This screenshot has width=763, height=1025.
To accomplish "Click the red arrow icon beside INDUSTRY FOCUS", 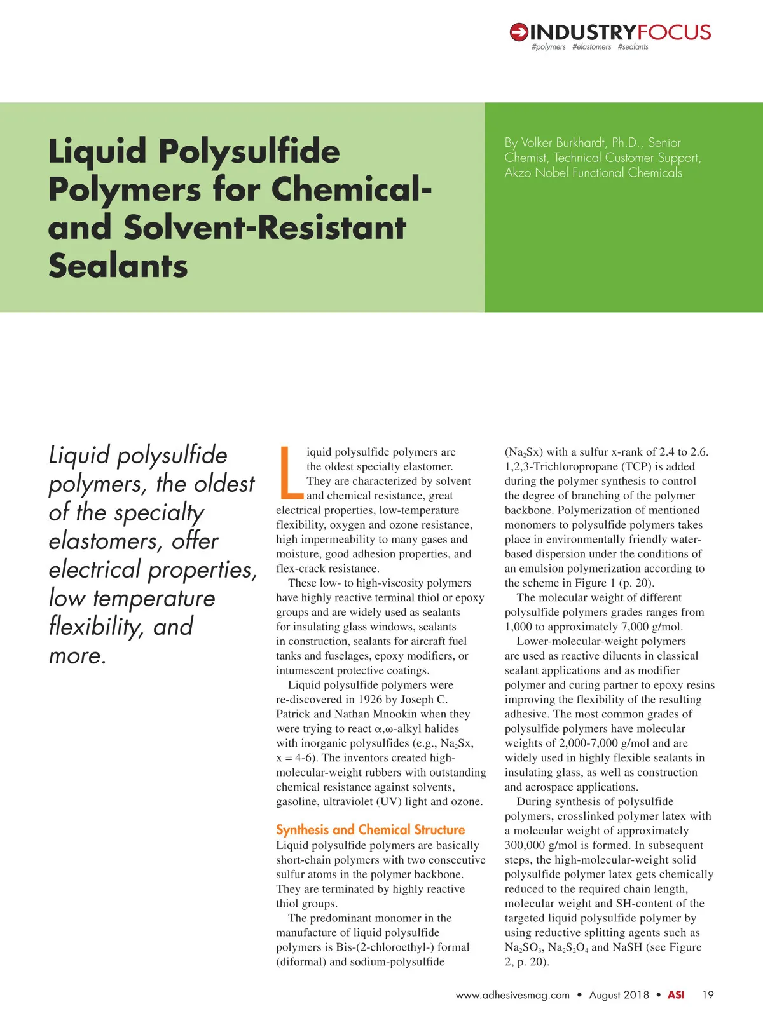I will click(519, 32).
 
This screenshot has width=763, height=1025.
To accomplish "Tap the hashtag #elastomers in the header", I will click(591, 47).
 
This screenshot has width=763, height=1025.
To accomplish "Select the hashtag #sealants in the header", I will click(633, 47).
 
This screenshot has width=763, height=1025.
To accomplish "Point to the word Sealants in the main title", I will click(118, 266).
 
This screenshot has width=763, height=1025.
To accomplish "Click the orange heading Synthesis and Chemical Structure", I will click(370, 829).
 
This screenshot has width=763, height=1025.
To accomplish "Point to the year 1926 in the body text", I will click(370, 700).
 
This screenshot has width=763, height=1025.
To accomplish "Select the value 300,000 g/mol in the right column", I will click(540, 845).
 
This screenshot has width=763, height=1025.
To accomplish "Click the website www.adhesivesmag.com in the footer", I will click(512, 995).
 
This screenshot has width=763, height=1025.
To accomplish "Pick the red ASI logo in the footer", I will click(676, 995).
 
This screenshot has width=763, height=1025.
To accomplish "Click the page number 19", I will click(708, 995).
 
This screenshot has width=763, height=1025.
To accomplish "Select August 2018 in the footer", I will click(619, 995).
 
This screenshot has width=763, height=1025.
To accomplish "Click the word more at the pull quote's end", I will click(76, 656).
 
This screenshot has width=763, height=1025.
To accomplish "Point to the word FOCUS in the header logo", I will click(674, 32).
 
